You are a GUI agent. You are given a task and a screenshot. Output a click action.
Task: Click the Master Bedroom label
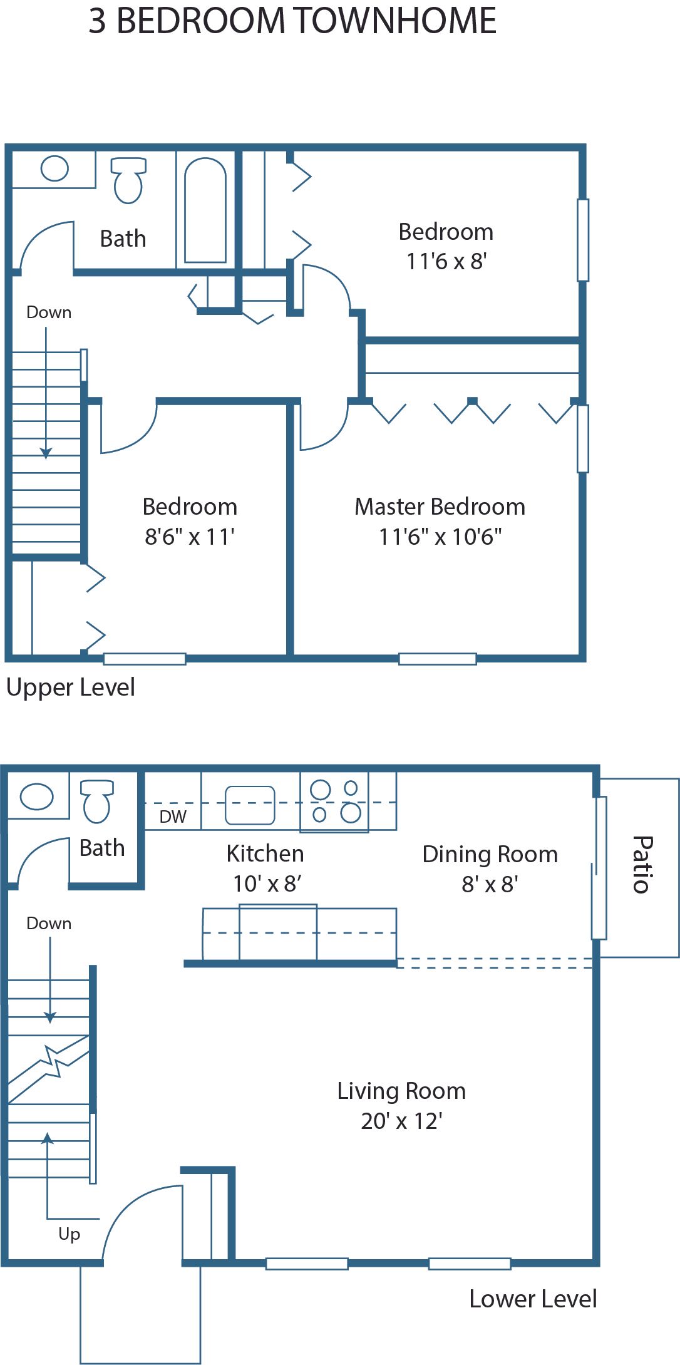(440, 507)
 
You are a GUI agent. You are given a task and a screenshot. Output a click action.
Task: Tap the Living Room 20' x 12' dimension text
(401, 1121)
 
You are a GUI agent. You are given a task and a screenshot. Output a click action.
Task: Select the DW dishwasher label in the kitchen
(173, 816)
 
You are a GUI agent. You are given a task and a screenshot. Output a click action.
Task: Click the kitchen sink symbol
(250, 805)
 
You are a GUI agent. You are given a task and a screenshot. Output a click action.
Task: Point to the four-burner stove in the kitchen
(334, 801)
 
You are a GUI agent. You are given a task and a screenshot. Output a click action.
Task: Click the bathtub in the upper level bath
(205, 210)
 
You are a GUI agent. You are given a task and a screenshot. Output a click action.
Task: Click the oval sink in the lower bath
(36, 796)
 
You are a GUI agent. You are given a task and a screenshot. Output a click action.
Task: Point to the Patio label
(642, 864)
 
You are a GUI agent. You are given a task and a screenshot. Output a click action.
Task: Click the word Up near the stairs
(69, 1234)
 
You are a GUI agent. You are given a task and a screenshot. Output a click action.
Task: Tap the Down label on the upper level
(49, 312)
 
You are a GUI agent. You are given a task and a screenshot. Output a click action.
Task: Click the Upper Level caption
(70, 688)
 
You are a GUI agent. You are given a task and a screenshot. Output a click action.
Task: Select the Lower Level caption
(533, 1299)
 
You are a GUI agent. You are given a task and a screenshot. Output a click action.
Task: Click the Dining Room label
(490, 854)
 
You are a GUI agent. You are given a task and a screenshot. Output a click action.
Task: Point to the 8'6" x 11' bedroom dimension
(190, 537)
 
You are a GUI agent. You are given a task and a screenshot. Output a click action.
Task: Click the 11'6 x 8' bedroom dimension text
(446, 261)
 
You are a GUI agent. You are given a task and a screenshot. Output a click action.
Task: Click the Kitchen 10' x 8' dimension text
(267, 883)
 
